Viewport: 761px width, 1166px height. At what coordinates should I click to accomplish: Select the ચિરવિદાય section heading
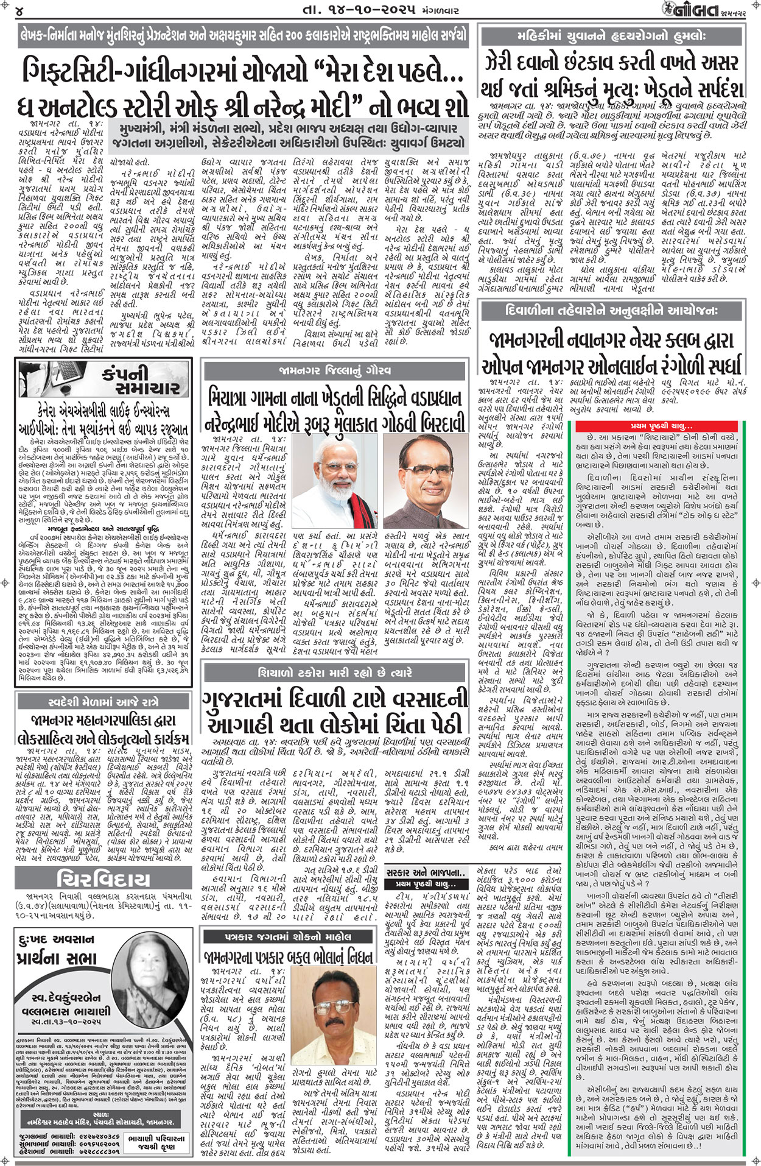tap(103, 880)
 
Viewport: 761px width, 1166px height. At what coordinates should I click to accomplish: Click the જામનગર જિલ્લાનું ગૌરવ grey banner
tap(335, 370)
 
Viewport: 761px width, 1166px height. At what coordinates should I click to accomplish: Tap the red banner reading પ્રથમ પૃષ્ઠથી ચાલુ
tap(661, 426)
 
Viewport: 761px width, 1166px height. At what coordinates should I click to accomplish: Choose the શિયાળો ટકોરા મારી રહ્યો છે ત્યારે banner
tap(335, 673)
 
